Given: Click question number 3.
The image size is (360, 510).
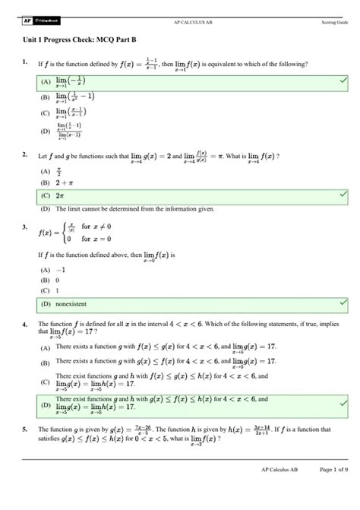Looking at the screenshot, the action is tap(25, 226).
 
